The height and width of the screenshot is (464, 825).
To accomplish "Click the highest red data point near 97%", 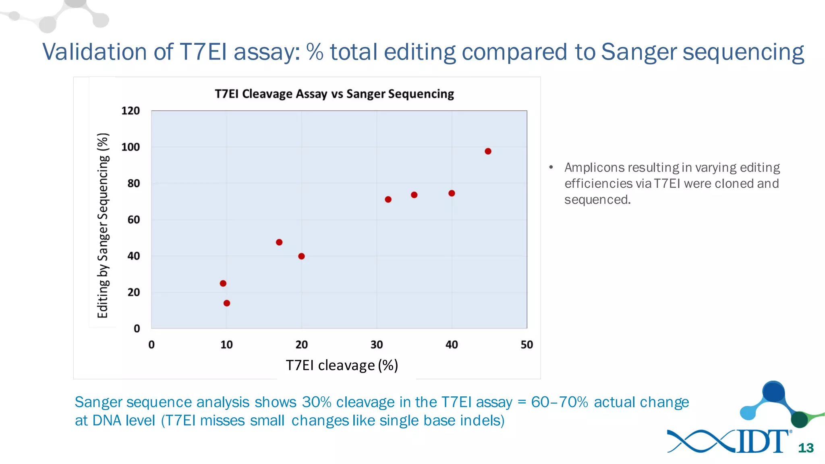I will (488, 151).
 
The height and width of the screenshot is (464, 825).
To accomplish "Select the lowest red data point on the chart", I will (227, 303).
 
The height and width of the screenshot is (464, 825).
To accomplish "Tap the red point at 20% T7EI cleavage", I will (301, 256).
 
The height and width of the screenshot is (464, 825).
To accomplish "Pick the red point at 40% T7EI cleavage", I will (452, 193).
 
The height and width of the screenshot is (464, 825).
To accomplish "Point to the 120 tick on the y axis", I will (131, 111).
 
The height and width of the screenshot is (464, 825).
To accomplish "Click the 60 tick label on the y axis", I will (133, 220).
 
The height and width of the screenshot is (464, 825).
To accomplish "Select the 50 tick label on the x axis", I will (527, 345).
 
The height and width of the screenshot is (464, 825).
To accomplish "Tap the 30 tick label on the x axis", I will (377, 345).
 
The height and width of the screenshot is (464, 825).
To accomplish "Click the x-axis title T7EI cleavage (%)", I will (342, 365).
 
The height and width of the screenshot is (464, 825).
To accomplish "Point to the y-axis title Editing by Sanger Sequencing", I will (103, 226).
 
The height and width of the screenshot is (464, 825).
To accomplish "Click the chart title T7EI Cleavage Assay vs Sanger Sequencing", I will (334, 94).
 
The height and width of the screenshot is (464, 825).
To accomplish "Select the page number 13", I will (806, 448).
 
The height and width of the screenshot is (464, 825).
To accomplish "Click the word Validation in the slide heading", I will (94, 52).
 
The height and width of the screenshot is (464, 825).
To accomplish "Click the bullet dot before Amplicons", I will (551, 167).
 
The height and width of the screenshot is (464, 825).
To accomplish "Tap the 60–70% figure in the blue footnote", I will (559, 402).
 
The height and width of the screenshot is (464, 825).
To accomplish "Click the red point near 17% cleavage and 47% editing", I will (279, 242).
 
